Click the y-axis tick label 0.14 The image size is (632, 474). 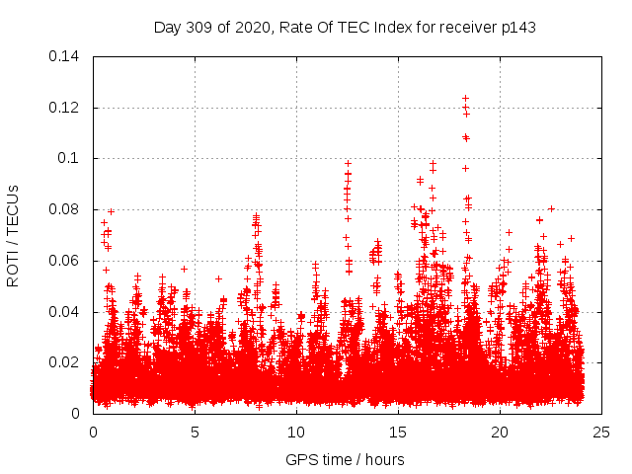pos(66,55)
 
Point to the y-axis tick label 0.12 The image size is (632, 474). pos(66,107)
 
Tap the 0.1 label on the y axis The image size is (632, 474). pos(71,158)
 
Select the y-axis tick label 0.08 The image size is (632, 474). pos(66,209)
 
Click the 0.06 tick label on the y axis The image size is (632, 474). pos(66,261)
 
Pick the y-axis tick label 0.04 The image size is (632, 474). pos(66,312)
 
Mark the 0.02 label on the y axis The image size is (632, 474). pos(66,362)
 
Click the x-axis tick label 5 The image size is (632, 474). pos(195,432)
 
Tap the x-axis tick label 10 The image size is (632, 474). pos(296,432)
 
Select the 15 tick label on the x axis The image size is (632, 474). pos(398,432)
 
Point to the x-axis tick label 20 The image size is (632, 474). pos(500,432)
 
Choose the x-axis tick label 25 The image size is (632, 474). pos(601,432)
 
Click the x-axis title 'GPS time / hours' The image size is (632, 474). pos(345,459)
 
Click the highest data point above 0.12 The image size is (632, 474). pos(465,98)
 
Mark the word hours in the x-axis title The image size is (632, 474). pos(382,459)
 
